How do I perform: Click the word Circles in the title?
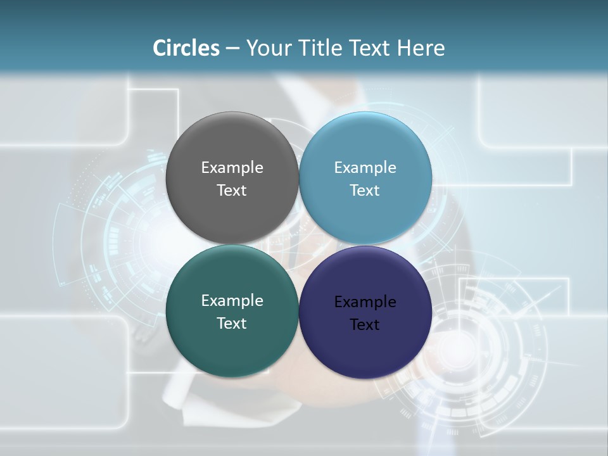coord(186,48)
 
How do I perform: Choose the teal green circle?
coord(232,348)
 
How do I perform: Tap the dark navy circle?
coord(365,351)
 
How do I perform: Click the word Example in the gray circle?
coord(232,168)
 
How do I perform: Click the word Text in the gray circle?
coord(232,191)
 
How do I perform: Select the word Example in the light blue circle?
coord(365,168)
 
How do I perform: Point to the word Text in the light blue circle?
coord(365,191)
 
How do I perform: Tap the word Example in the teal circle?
coord(232,301)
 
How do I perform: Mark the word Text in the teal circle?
coord(232,324)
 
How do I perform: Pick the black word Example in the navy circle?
coord(365,302)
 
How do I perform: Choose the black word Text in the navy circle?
coord(365,325)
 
